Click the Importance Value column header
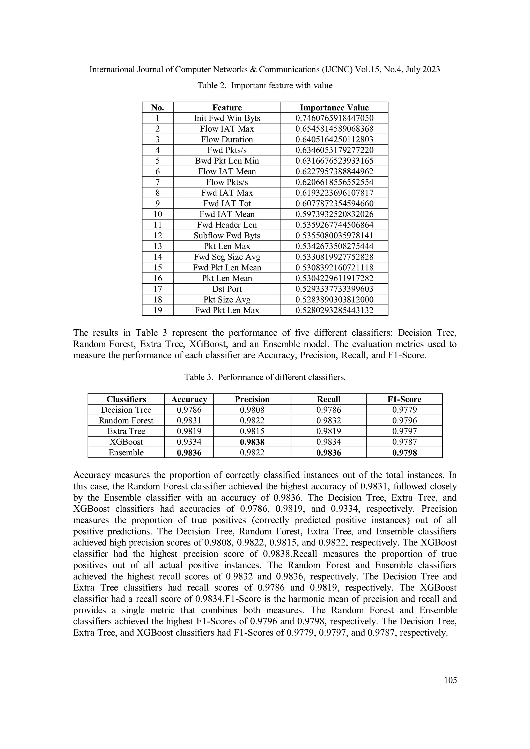tap(334, 108)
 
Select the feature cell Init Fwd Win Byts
tap(227, 118)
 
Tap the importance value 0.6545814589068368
tap(334, 129)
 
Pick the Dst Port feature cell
tap(227, 289)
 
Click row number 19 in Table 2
tap(158, 310)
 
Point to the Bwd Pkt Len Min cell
tap(227, 161)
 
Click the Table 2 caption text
tap(265, 86)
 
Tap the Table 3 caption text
tap(265, 377)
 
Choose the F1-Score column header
tap(404, 399)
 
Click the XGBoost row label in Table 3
tap(126, 442)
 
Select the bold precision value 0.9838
tap(252, 442)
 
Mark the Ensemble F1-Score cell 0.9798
tap(404, 453)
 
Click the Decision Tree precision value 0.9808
tap(252, 410)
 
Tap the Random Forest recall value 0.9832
tap(328, 420)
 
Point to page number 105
tap(450, 680)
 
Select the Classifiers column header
tap(126, 399)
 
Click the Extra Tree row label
tap(126, 431)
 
